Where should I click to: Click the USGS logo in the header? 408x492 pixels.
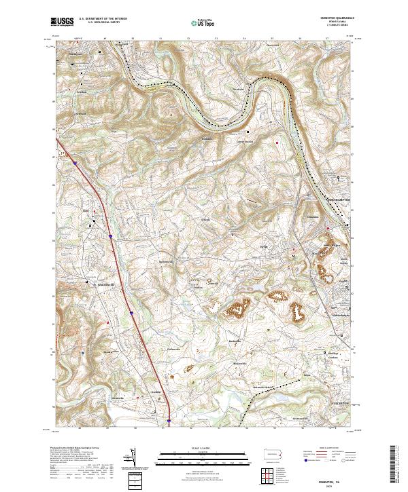(x=63, y=22)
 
